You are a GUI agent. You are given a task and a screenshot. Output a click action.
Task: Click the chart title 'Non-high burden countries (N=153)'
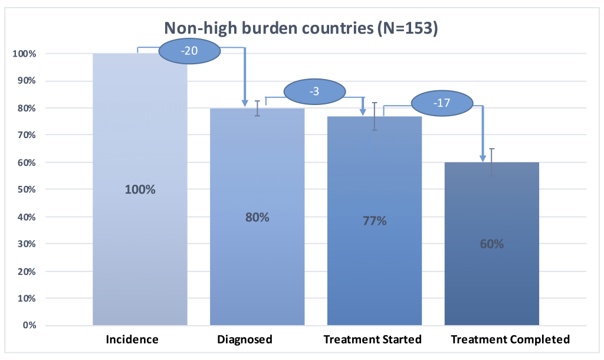pos(301,28)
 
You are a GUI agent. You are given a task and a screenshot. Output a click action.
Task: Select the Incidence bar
pos(140,189)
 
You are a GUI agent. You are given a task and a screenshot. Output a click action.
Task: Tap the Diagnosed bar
pos(257,217)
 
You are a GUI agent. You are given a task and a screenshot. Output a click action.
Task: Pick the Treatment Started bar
pos(375,221)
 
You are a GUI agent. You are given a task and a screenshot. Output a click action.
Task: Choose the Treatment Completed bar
pos(491,244)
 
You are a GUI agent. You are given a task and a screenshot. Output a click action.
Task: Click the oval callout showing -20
pos(189,51)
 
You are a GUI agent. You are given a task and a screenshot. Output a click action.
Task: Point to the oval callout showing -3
pos(315,91)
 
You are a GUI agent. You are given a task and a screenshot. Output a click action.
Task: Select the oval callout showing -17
pos(442,103)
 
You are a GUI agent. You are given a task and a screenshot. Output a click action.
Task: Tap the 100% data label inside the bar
pos(140,189)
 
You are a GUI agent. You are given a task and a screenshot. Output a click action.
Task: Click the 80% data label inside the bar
pos(257,217)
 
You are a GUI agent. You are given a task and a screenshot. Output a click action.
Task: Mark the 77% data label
pos(375,221)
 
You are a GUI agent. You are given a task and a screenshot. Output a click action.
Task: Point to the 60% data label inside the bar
pos(492,244)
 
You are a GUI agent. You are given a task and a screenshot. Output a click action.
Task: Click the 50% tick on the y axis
pos(27,189)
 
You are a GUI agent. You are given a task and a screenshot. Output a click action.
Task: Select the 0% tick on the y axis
pos(29,325)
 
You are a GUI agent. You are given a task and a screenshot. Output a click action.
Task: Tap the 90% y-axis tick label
pos(27,81)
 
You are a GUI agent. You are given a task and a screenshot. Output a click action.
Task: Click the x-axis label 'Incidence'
pos(132,339)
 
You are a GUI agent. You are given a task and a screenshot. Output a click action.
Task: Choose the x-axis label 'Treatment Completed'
pos(510,339)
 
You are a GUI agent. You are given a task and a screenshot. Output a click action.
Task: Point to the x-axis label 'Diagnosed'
pos(245,339)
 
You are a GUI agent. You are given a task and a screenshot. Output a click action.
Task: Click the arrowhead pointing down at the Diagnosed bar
pos(245,103)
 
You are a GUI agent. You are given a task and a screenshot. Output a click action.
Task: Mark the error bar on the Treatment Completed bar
pos(492,162)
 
